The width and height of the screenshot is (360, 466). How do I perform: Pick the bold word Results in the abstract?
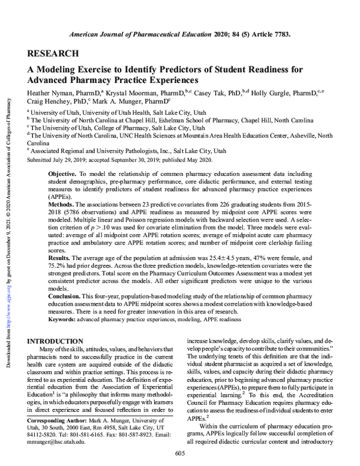[59, 255]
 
